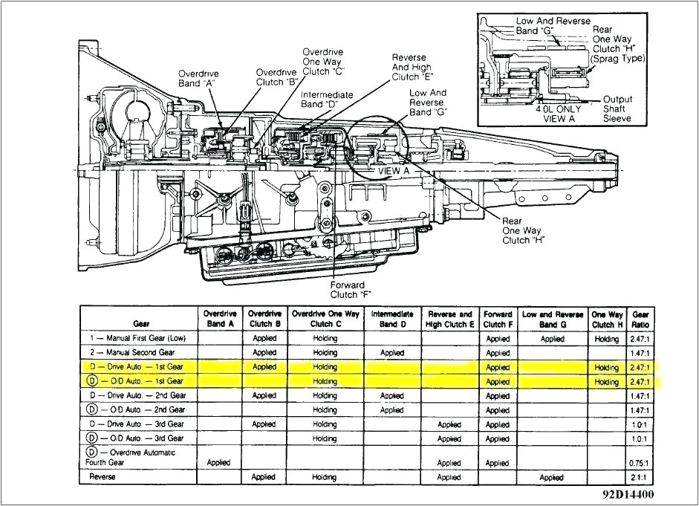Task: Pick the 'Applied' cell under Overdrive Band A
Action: [x=218, y=462]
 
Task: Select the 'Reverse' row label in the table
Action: [x=103, y=477]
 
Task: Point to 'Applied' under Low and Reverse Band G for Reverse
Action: [x=551, y=477]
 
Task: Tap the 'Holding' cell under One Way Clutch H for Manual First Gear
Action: [x=606, y=339]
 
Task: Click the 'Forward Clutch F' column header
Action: [x=498, y=319]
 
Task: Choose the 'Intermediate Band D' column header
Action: [x=391, y=319]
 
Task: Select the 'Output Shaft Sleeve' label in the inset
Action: [x=617, y=108]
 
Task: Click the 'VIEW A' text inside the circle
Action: [x=394, y=170]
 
